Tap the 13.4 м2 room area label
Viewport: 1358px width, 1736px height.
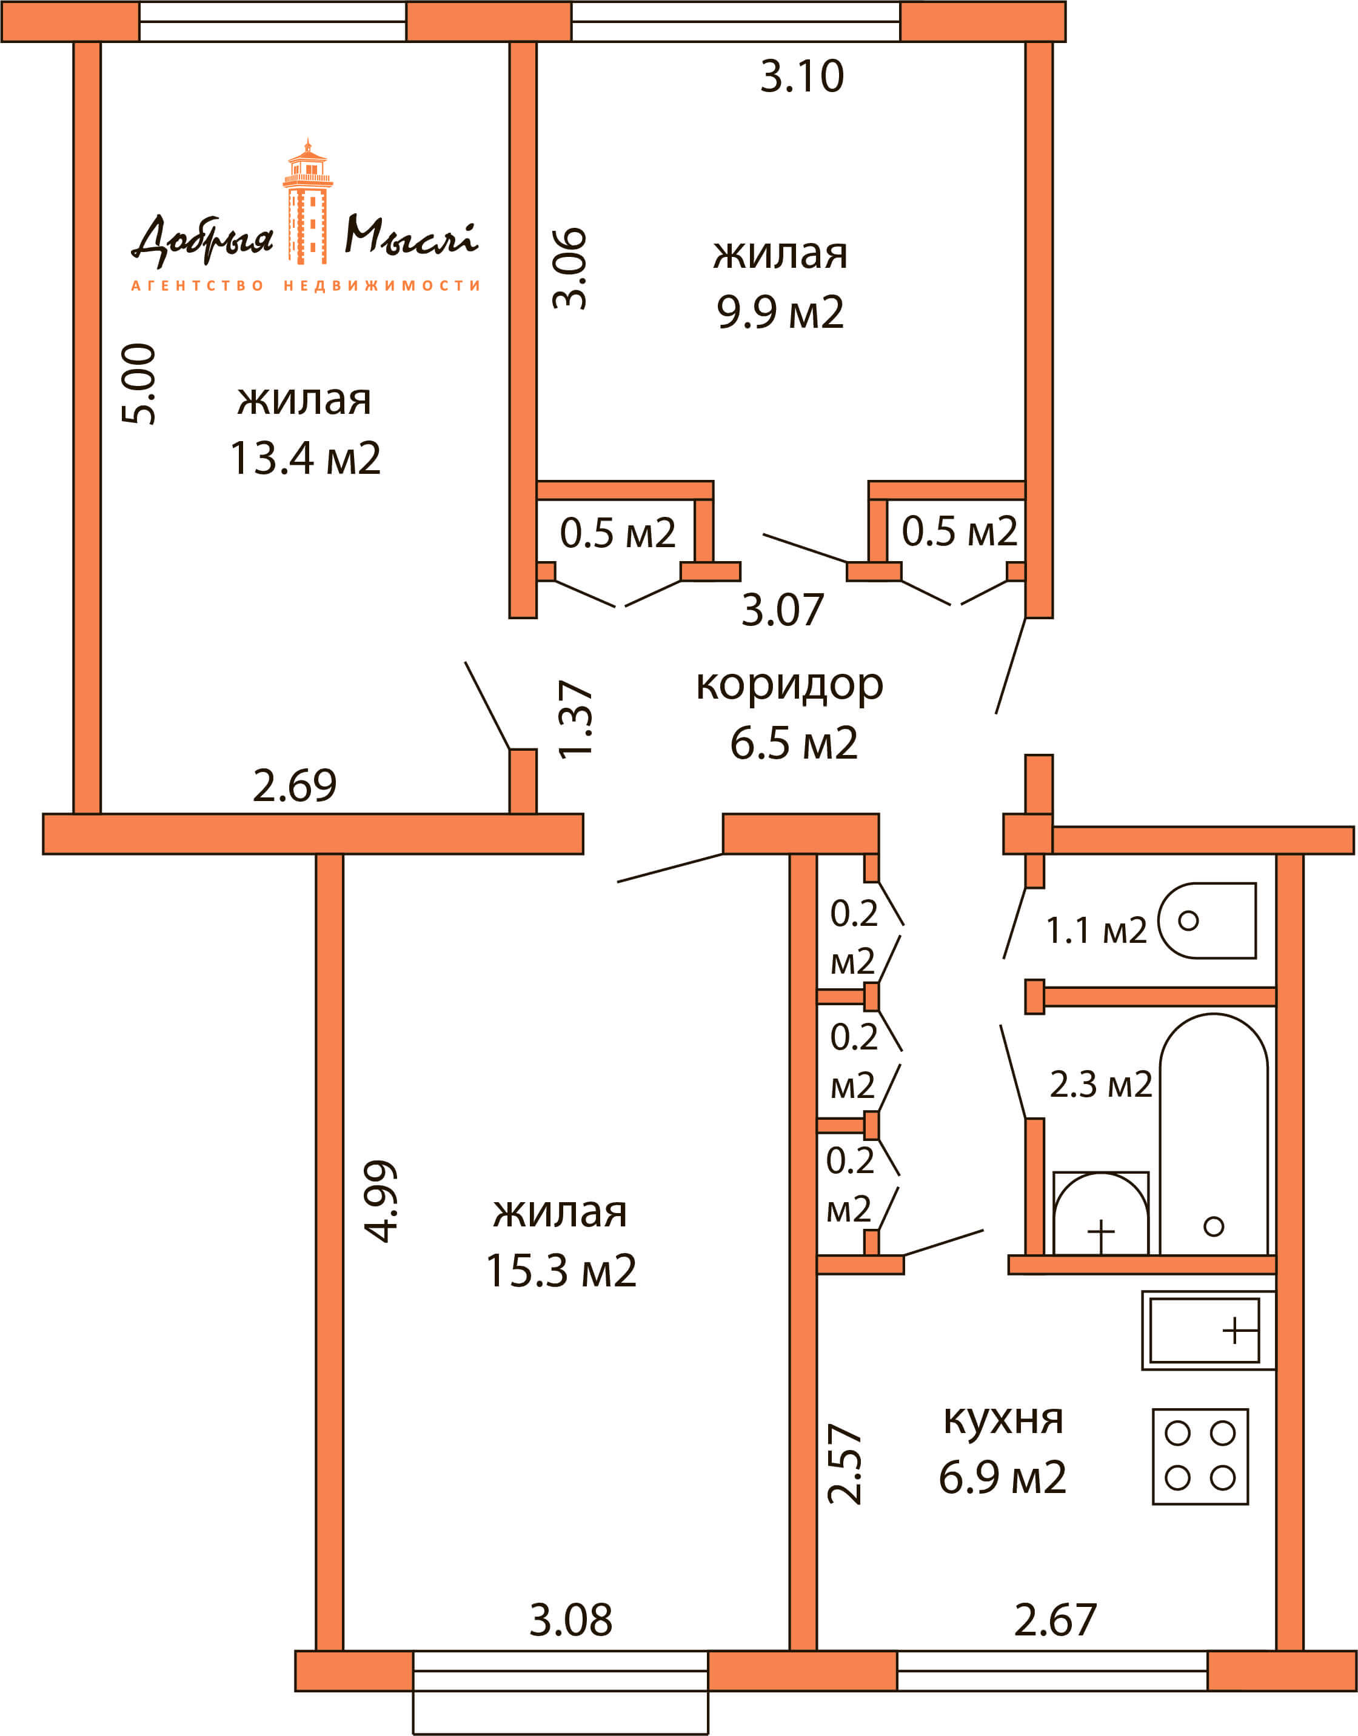pyautogui.click(x=306, y=459)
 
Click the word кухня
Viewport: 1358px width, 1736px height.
pyautogui.click(x=1003, y=1420)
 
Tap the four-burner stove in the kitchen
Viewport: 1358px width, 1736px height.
pyautogui.click(x=1200, y=1457)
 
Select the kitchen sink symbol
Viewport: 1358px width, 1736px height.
pyautogui.click(x=1208, y=1331)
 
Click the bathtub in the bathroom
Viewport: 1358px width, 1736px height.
pyautogui.click(x=1214, y=1134)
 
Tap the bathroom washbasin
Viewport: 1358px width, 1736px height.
pyautogui.click(x=1101, y=1213)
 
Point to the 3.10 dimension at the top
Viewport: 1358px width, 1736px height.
pyautogui.click(x=801, y=76)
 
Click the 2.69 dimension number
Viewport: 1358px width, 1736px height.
pyautogui.click(x=295, y=785)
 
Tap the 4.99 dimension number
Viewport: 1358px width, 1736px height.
pyautogui.click(x=380, y=1201)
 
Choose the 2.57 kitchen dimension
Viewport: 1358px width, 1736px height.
pyautogui.click(x=845, y=1464)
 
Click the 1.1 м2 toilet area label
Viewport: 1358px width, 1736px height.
pyautogui.click(x=1097, y=930)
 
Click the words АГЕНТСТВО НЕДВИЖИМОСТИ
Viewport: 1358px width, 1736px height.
pyautogui.click(x=306, y=285)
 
